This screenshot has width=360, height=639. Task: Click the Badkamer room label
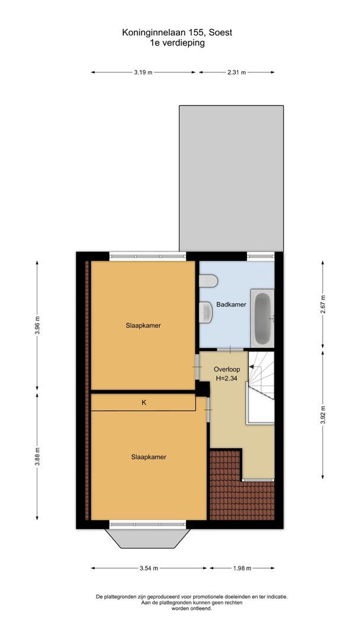231,305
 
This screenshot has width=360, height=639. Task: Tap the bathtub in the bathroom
262,319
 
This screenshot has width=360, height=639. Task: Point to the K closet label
143,402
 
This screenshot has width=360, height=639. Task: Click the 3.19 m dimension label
143,72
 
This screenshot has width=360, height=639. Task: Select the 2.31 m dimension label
236,72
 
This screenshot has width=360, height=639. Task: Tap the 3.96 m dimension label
37,325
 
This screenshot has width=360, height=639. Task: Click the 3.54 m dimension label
149,569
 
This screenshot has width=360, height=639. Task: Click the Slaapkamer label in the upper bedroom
143,325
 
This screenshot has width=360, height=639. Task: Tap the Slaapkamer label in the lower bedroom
149,457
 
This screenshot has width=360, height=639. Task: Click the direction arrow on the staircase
252,367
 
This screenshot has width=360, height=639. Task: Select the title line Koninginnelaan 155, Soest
178,33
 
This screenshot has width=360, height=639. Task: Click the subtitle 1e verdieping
178,43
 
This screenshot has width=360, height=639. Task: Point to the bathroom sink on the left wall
207,312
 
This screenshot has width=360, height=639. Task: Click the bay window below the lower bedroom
148,538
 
